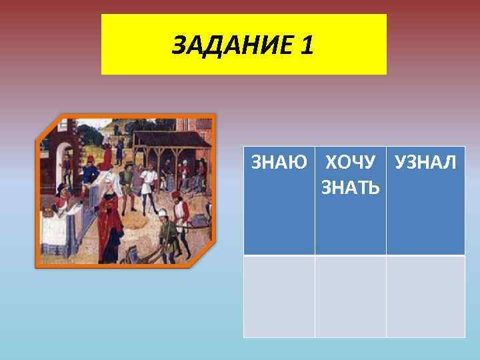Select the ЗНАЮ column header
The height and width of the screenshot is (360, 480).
point(279,162)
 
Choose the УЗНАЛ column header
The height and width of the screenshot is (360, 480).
point(425,162)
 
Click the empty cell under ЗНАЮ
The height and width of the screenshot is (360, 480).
point(279,296)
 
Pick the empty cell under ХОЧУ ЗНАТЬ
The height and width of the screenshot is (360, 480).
point(351,296)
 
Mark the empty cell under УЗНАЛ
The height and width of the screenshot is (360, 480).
point(425,296)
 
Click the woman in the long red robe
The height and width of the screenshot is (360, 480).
point(110,213)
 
